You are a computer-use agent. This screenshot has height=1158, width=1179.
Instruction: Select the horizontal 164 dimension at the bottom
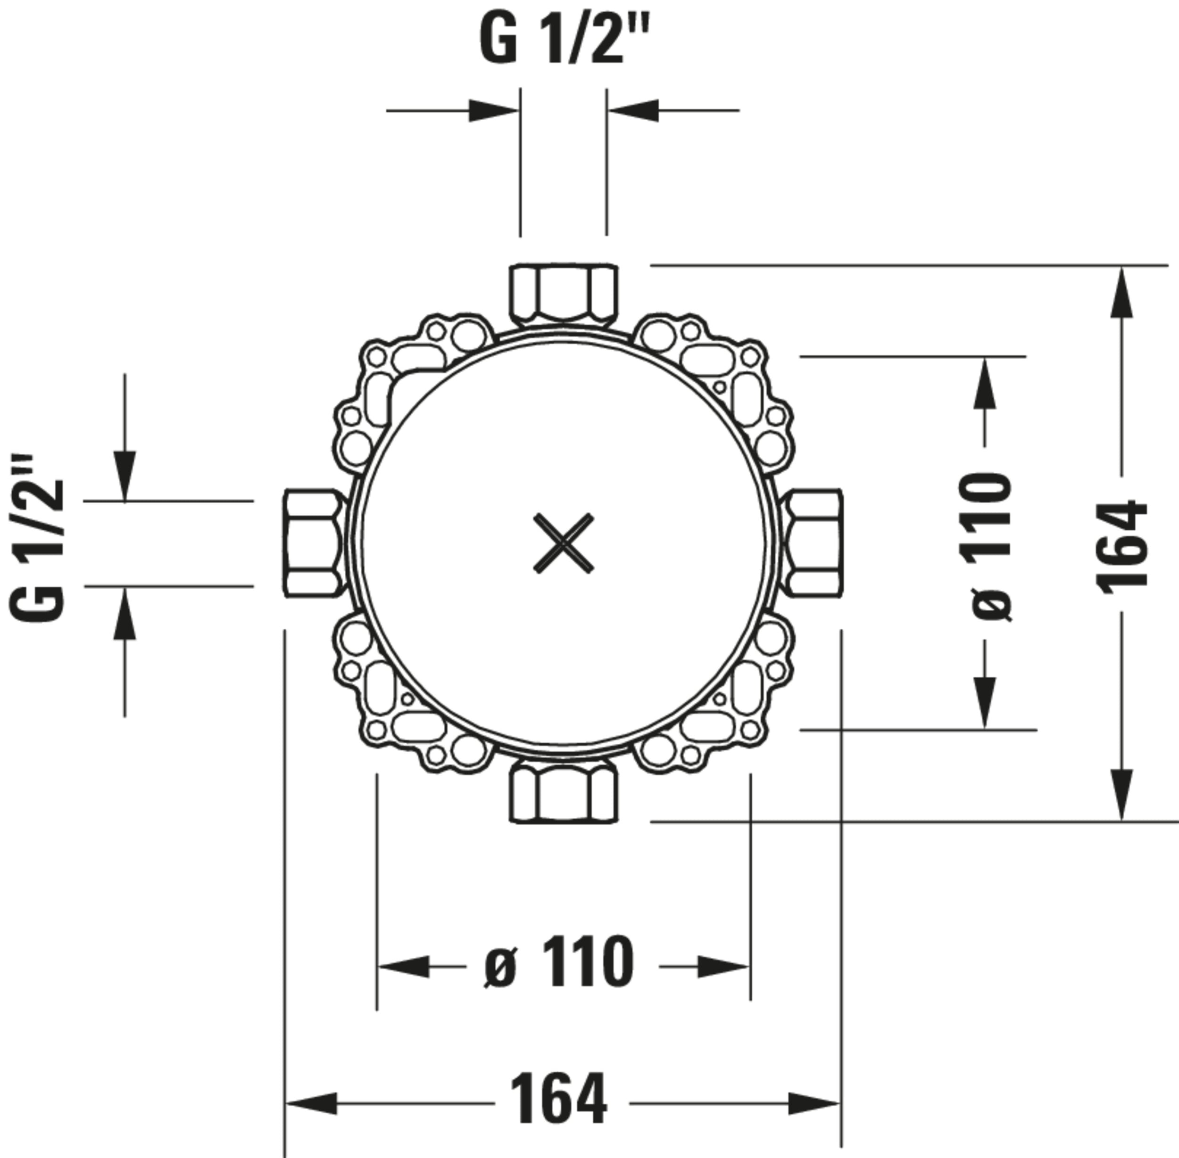[x=558, y=1099]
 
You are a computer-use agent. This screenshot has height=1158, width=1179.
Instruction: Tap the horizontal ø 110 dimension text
[x=559, y=963]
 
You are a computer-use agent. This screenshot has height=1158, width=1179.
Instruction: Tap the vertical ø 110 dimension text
[x=986, y=546]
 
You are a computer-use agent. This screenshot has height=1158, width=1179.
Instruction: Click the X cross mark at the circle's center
[x=563, y=543]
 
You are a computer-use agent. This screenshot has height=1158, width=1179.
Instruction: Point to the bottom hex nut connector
[x=563, y=792]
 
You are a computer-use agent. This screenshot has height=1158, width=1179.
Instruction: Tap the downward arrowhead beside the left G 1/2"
[x=125, y=475]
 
